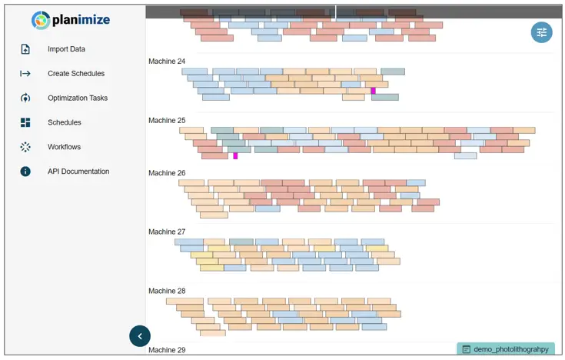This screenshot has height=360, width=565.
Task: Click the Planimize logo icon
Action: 41,21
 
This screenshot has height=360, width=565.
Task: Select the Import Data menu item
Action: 66,49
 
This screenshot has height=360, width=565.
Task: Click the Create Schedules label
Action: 76,74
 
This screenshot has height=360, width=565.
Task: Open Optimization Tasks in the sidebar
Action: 78,98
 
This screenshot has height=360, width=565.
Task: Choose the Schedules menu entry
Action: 64,122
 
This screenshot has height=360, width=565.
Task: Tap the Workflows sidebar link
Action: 64,147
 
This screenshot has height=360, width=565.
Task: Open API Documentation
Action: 78,172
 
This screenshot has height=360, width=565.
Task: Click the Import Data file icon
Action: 25,49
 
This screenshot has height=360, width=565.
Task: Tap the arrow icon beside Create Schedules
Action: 25,74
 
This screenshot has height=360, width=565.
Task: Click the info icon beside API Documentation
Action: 25,172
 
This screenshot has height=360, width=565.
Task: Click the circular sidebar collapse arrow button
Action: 140,335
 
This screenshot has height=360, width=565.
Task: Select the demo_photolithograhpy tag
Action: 505,349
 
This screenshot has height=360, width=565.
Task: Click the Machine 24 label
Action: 167,62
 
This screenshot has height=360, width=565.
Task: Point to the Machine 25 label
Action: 167,121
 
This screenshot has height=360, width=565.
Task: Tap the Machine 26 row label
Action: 167,173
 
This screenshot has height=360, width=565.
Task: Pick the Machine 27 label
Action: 167,232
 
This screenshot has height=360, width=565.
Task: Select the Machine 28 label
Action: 167,291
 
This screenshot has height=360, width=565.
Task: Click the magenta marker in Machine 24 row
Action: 374,91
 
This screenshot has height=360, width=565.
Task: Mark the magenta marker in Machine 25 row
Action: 235,156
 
